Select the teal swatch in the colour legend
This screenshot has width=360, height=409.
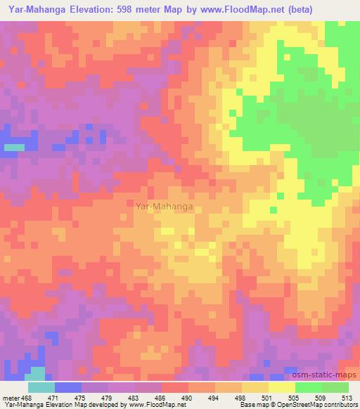click(41, 387)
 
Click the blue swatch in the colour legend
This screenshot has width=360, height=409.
click(68, 387)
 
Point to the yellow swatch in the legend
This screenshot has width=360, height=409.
click(281, 387)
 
